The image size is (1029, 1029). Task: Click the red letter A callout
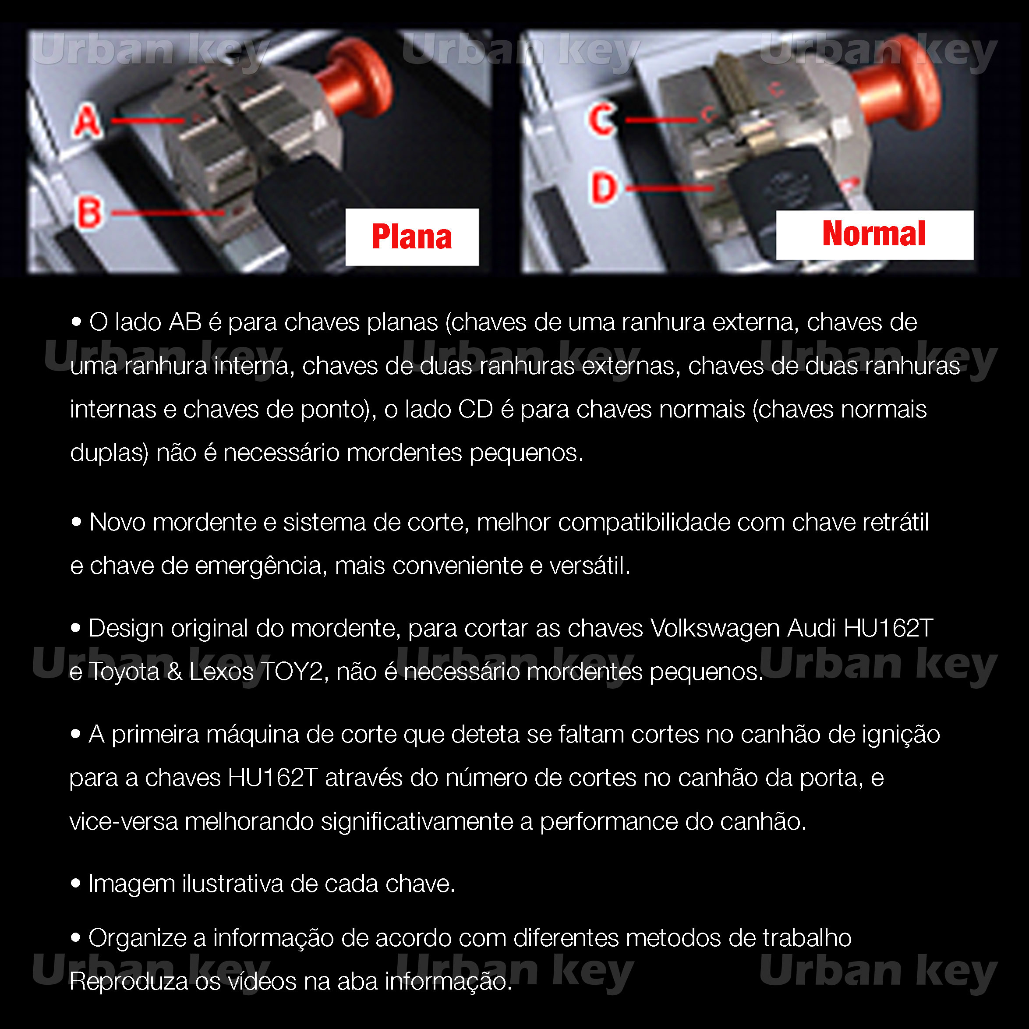(87, 121)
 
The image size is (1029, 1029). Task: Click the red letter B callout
(89, 212)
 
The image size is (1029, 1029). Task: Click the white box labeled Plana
(412, 237)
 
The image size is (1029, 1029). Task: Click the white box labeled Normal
(874, 235)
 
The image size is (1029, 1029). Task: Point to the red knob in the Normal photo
(895, 85)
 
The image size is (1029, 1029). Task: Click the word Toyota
(124, 672)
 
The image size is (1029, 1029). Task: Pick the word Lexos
(221, 672)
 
